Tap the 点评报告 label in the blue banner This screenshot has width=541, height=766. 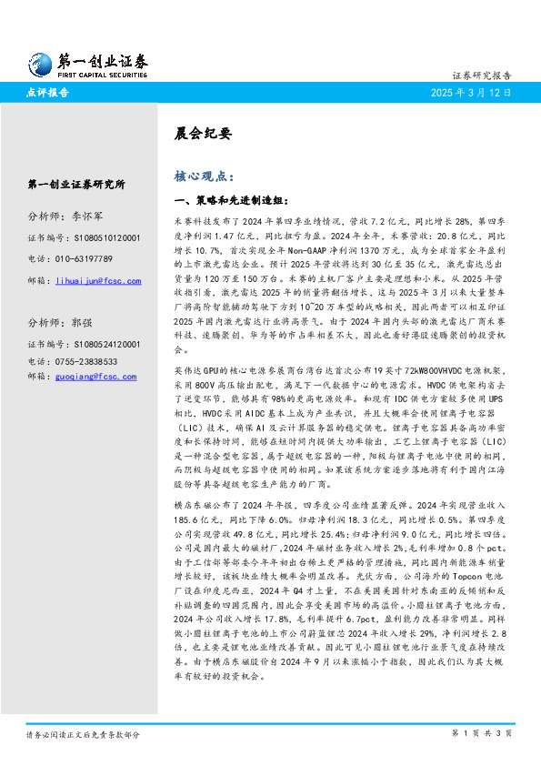[48, 94]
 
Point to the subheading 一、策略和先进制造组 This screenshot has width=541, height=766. [224, 199]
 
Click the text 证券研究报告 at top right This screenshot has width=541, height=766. [482, 76]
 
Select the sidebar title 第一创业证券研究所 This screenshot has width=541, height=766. [76, 185]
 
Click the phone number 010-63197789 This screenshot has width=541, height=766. [98, 258]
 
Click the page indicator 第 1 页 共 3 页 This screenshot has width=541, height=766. [481, 733]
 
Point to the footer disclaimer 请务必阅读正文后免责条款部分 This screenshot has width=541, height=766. [83, 733]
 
